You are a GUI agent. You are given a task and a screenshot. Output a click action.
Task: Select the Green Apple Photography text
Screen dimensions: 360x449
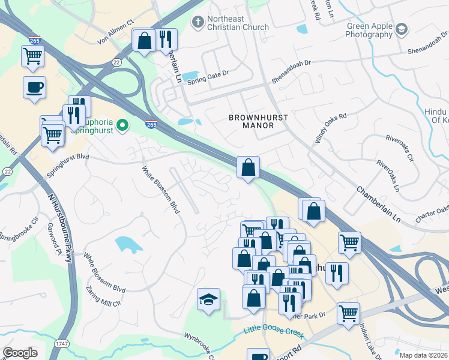[369, 31]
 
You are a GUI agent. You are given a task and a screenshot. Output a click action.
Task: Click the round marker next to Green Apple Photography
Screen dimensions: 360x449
[401, 29]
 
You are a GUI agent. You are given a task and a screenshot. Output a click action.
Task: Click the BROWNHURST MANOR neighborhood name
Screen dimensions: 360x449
[251, 121]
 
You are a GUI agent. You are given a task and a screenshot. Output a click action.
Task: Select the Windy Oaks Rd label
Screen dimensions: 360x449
[331, 128]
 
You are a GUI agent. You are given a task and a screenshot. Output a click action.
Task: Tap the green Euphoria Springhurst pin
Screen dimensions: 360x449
[122, 125]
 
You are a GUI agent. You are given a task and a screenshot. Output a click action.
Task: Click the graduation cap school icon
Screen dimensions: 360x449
[208, 299]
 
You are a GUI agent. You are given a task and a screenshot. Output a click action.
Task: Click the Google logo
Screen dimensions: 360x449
[20, 353]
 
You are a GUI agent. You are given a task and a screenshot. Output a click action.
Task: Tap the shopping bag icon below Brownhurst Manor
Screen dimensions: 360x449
[248, 167]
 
